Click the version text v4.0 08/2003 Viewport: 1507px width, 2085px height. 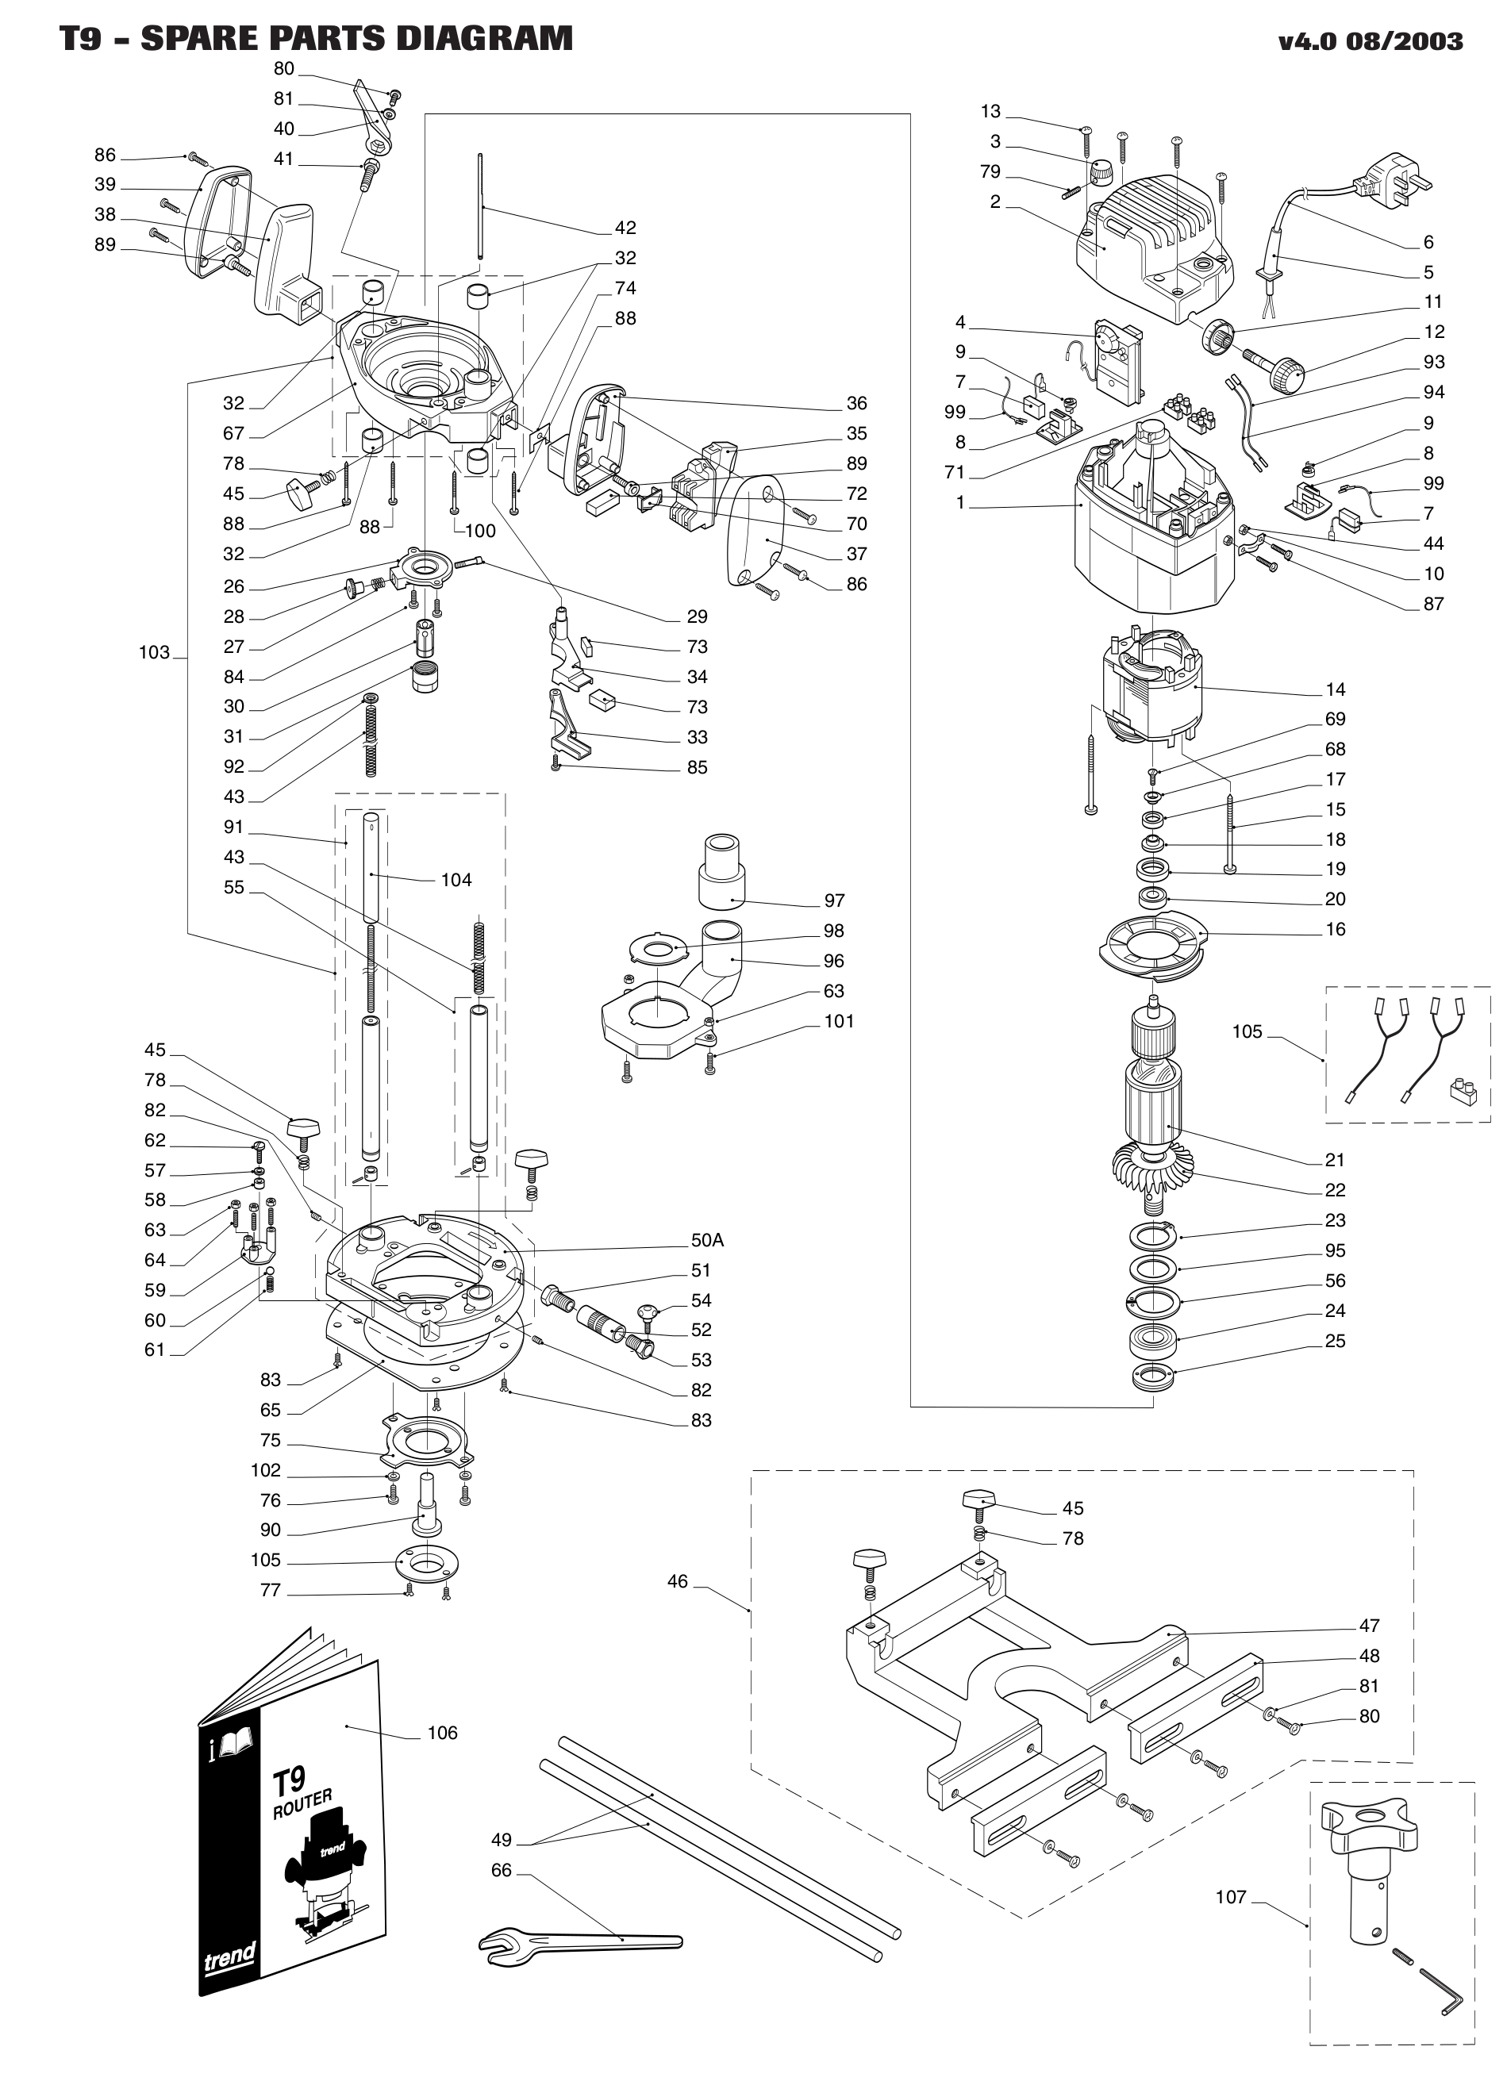coord(1369,41)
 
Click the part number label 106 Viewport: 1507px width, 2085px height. coord(442,1733)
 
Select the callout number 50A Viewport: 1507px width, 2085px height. coord(707,1240)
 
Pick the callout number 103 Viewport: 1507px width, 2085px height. coord(155,652)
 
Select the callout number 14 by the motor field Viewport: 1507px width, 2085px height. coord(1335,689)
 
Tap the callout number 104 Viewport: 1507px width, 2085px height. coord(456,880)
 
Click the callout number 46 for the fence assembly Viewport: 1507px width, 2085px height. coord(678,1581)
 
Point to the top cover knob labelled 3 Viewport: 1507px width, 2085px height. coord(1101,172)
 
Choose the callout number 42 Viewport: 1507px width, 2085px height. coord(625,227)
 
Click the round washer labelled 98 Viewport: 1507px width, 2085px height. coord(655,946)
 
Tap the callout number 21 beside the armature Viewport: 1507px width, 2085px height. coord(1335,1159)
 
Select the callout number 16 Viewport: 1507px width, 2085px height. coord(1335,928)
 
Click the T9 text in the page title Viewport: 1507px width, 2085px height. coord(81,40)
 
